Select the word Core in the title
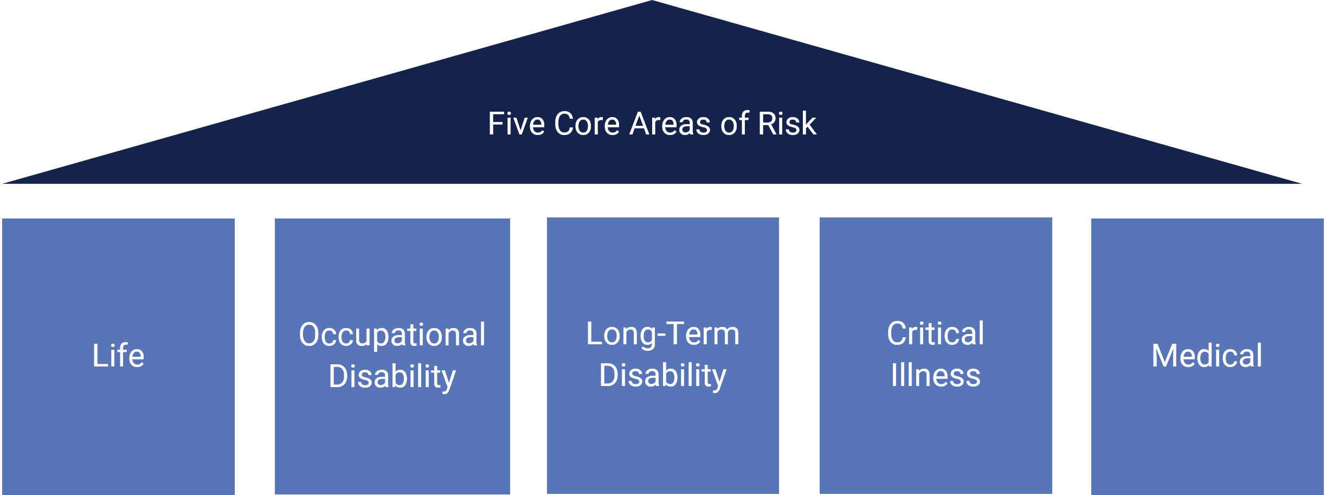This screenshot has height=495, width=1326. pyautogui.click(x=587, y=124)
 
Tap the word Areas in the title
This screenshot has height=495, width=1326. pyautogui.click(x=670, y=124)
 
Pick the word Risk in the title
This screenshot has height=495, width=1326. pyautogui.click(x=787, y=124)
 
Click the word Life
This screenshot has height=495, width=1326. pyautogui.click(x=118, y=356)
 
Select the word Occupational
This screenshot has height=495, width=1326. pyautogui.click(x=392, y=335)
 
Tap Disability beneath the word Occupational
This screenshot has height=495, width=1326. pyautogui.click(x=392, y=377)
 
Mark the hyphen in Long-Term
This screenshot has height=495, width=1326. pyautogui.click(x=660, y=336)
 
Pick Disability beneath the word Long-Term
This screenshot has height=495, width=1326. pyautogui.click(x=662, y=376)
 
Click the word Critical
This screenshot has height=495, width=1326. pyautogui.click(x=935, y=333)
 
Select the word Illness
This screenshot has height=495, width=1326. pyautogui.click(x=935, y=375)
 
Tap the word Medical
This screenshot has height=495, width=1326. pyautogui.click(x=1207, y=356)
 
